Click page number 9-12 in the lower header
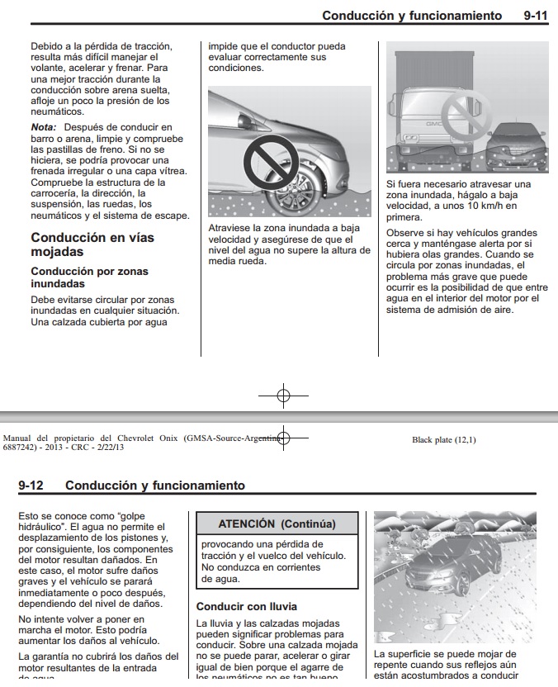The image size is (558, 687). [x=31, y=486]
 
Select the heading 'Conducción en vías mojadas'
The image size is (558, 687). [x=92, y=244]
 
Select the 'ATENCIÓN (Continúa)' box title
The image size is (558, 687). [x=277, y=524]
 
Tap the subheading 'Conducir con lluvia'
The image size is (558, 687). [x=247, y=606]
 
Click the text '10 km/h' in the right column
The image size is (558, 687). [x=476, y=206]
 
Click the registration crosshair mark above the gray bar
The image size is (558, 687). [x=283, y=396]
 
